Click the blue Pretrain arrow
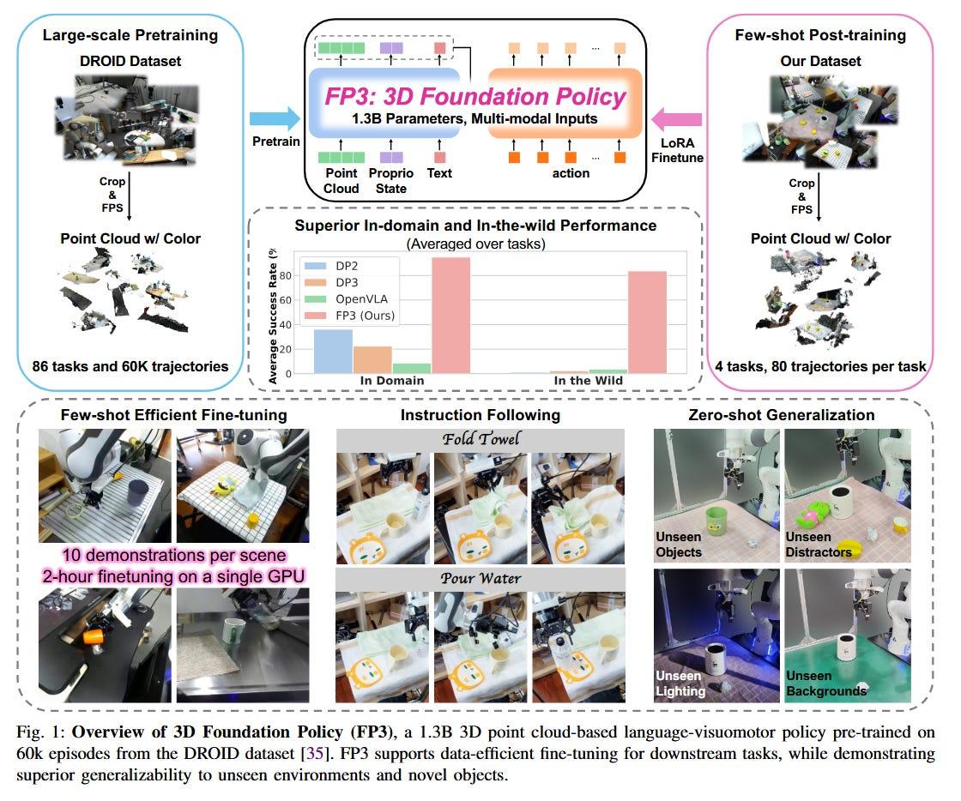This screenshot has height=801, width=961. (x=275, y=119)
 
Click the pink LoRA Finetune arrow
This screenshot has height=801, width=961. (x=677, y=119)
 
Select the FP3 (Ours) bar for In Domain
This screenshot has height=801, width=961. (x=451, y=316)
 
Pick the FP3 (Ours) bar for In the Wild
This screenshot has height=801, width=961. (x=647, y=322)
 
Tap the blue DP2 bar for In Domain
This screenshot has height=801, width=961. (x=333, y=352)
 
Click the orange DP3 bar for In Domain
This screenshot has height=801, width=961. (x=372, y=360)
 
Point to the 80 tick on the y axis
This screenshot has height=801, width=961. (x=286, y=275)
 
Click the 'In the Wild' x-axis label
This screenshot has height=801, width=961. (x=589, y=381)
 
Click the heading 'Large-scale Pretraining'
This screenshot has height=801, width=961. (x=130, y=35)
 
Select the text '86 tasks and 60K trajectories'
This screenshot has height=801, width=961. (x=130, y=366)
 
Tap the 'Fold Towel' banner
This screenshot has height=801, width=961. (x=480, y=439)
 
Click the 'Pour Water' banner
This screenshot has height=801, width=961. (x=480, y=579)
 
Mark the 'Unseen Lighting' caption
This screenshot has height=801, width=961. (x=680, y=684)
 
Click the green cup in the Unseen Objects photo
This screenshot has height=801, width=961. (x=716, y=524)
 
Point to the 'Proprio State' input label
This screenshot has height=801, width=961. (x=391, y=181)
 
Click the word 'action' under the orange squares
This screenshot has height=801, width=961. (x=571, y=173)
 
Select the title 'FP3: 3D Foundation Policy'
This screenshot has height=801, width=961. (x=475, y=97)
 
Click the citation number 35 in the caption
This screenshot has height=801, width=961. (x=314, y=753)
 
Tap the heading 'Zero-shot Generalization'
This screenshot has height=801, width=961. (x=782, y=415)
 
